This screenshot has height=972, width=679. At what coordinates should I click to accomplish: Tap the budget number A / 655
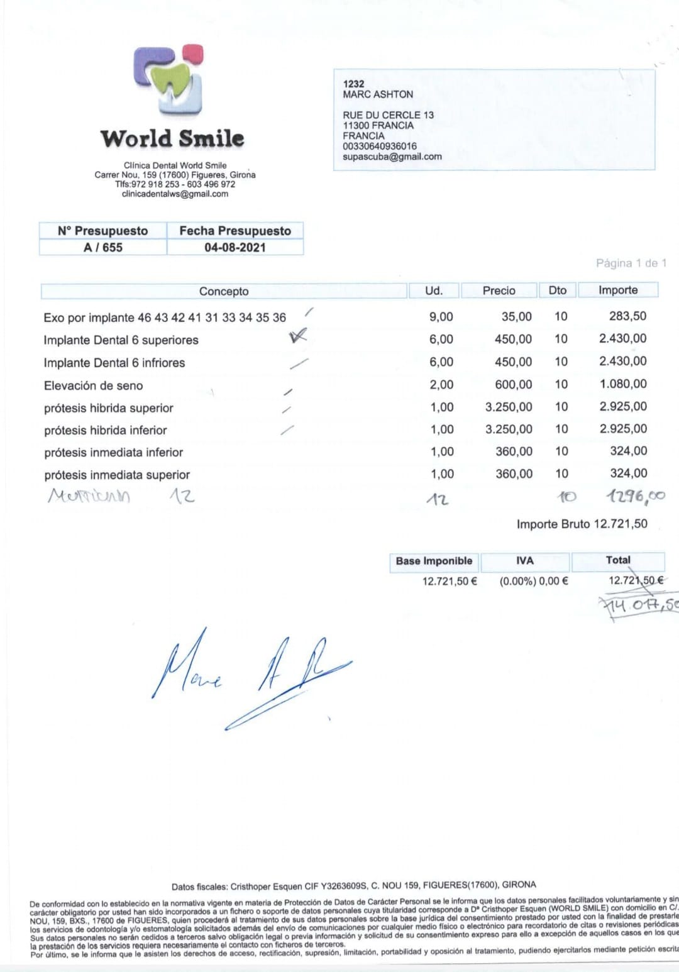103,247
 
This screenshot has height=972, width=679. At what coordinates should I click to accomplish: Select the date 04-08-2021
235,247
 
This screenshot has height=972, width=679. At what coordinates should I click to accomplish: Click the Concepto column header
224,291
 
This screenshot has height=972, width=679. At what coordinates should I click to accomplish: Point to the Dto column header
557,290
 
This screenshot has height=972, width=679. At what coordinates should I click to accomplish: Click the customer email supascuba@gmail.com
392,157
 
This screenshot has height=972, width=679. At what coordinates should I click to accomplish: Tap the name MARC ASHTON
378,94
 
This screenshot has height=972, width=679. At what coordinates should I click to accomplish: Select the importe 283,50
627,316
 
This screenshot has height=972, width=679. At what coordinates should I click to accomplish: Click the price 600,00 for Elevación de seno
513,384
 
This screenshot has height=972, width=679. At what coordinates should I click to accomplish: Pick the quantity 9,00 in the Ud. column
441,317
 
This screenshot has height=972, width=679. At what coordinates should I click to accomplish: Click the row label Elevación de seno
93,385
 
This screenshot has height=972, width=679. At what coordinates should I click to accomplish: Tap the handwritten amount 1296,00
635,496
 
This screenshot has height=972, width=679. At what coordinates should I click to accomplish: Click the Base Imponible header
434,561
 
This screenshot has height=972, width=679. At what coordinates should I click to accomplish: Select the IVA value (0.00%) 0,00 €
534,581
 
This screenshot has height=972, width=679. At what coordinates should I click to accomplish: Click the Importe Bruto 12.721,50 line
582,524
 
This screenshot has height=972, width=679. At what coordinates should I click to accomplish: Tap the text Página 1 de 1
631,263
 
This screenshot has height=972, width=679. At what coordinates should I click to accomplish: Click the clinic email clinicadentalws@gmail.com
175,194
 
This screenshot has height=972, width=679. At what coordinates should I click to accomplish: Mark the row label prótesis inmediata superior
117,475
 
